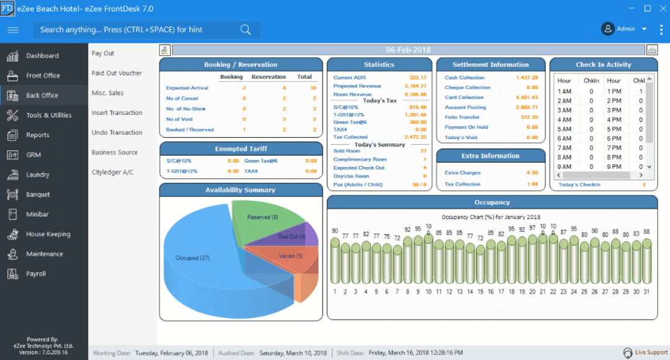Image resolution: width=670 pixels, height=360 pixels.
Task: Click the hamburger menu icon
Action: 13,29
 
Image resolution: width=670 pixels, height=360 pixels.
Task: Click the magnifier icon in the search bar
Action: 245,29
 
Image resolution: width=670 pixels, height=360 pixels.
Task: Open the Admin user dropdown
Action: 624,29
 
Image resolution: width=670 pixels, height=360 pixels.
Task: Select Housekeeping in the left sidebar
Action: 48,234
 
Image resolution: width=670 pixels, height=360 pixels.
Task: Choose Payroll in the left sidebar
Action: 35,274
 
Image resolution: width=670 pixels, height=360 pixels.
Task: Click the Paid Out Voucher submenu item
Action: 117,73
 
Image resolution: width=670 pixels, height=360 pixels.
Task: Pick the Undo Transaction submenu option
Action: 117,133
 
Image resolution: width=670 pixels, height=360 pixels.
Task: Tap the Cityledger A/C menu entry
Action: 112,173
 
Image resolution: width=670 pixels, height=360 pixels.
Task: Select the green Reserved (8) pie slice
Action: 264,220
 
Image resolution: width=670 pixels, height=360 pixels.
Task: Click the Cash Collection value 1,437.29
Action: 527,78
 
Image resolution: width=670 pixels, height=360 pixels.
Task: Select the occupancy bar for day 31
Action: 646,261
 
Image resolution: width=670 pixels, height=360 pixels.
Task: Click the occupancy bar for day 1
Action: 335,261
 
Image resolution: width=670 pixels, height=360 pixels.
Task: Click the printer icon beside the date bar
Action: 652,50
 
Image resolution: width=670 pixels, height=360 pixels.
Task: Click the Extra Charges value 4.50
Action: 532,173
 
